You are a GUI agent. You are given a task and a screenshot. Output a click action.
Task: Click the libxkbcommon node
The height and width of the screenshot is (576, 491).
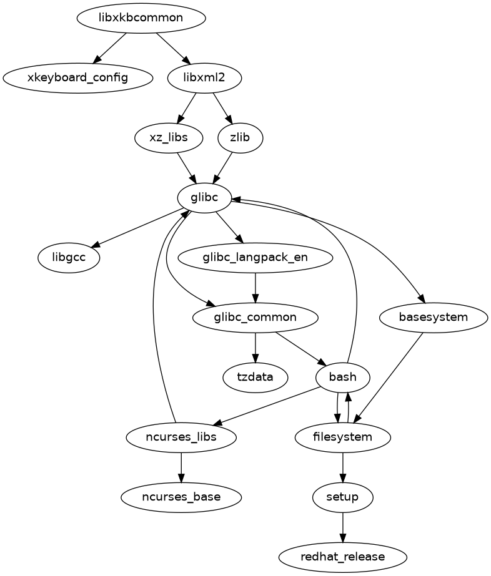point(141,17)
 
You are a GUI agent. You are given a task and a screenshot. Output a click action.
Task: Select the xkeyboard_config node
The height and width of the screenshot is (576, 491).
point(77,77)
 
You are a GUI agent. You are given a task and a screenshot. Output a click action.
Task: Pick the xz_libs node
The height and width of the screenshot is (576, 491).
point(169,137)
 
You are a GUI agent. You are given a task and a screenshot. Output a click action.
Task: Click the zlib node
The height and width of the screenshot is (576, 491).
point(240,137)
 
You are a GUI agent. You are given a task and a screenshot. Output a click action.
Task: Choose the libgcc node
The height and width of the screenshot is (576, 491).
point(69,257)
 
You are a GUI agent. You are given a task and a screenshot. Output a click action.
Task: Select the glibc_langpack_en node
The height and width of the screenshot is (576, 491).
point(255,257)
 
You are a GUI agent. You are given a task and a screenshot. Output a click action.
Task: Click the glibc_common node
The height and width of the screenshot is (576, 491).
point(255,317)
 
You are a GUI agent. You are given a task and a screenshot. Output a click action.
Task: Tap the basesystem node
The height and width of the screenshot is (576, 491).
point(433,317)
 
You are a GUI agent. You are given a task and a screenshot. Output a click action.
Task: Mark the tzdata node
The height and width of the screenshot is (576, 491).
point(255,377)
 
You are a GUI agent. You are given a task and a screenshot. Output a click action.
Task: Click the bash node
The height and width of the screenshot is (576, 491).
point(342,377)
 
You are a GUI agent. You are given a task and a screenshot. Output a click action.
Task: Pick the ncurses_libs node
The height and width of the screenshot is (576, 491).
point(181,437)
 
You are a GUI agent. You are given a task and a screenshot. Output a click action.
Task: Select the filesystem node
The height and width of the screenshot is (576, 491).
point(342,437)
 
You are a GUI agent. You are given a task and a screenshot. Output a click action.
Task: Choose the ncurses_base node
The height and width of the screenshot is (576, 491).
point(181,497)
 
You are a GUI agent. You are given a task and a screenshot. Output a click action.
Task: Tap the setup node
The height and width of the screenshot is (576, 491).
point(342,497)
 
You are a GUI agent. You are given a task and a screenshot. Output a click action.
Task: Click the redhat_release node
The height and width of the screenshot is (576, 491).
point(342,556)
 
